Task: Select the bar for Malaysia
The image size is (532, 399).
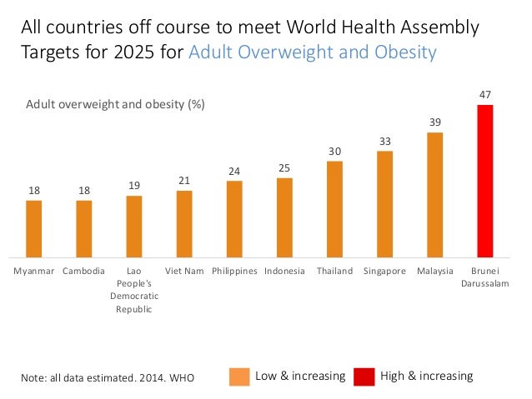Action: point(434,195)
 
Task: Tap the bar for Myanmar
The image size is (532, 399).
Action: point(34,229)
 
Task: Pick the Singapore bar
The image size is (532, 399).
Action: point(384,204)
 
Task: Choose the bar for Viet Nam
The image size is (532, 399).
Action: point(184,224)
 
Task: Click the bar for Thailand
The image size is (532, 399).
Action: point(334,209)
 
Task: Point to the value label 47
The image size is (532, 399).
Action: point(484,96)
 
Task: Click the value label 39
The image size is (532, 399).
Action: point(434,122)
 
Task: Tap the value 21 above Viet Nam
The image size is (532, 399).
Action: point(184,181)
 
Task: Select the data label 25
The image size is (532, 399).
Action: point(284,168)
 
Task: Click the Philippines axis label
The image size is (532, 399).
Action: point(234,272)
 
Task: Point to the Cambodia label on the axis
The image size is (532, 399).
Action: point(84,272)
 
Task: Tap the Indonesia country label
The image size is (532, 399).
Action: point(284,272)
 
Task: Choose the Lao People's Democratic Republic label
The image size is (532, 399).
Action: point(134,290)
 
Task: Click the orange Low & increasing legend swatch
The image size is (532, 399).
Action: point(238,377)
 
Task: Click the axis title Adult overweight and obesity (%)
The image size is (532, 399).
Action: point(115,105)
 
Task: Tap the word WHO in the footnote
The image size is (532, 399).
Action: point(181,378)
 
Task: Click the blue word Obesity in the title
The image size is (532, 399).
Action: point(404,52)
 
